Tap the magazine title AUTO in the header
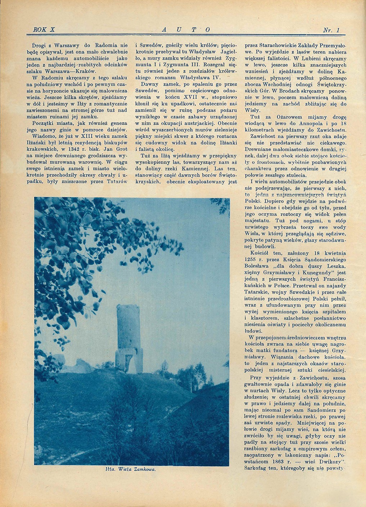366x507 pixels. pyautogui.click(x=184, y=30)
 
